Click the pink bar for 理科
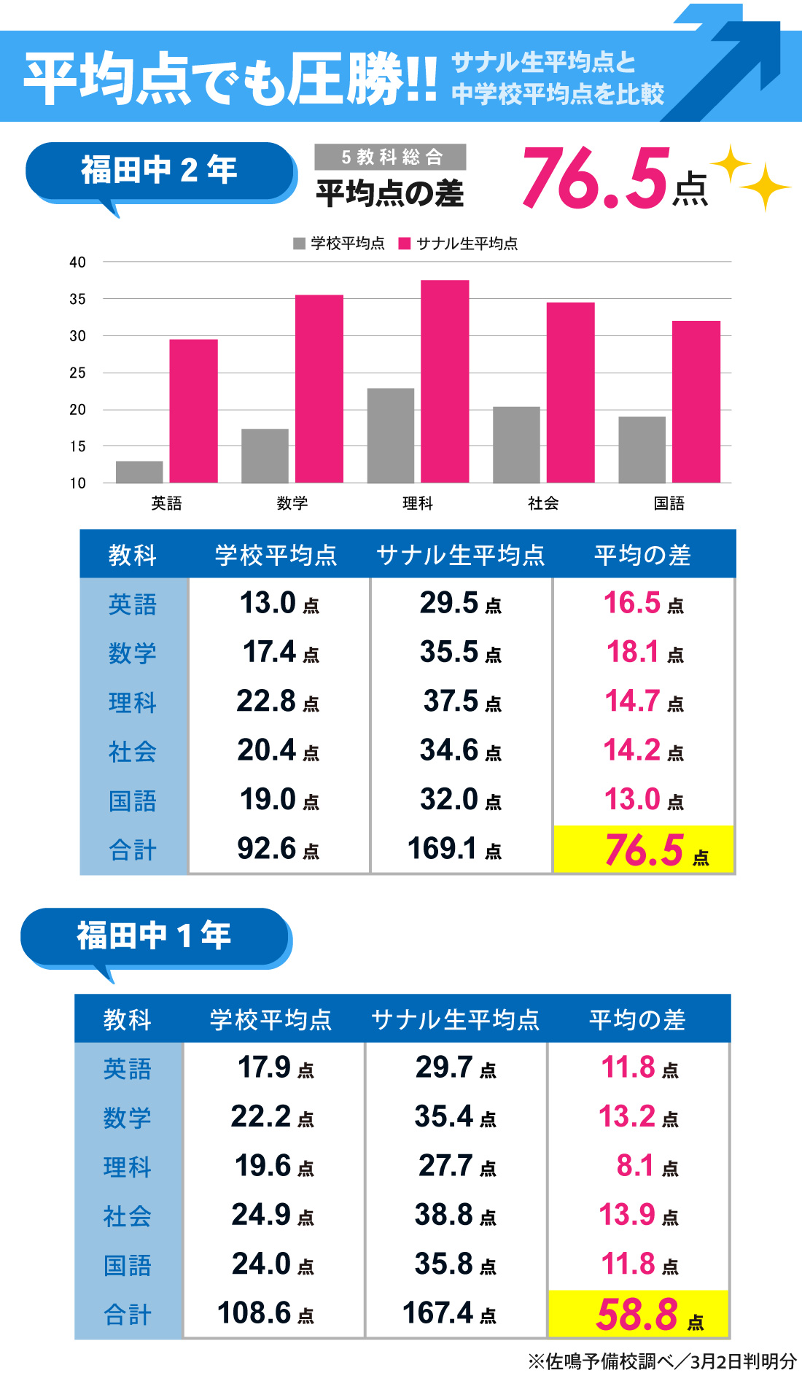(445, 381)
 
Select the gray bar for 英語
(139, 472)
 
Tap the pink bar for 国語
(696, 402)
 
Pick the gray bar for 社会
(516, 444)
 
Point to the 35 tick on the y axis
(77, 299)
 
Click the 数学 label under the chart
(292, 503)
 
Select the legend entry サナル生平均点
(459, 244)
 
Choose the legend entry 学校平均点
(340, 244)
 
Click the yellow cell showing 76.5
(644, 849)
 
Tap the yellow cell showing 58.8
(639, 1314)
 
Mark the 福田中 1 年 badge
(155, 935)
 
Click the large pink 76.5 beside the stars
(594, 179)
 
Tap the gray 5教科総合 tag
(390, 157)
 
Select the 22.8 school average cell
(278, 701)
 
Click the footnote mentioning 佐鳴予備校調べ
(662, 1361)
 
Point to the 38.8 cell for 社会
(455, 1215)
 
